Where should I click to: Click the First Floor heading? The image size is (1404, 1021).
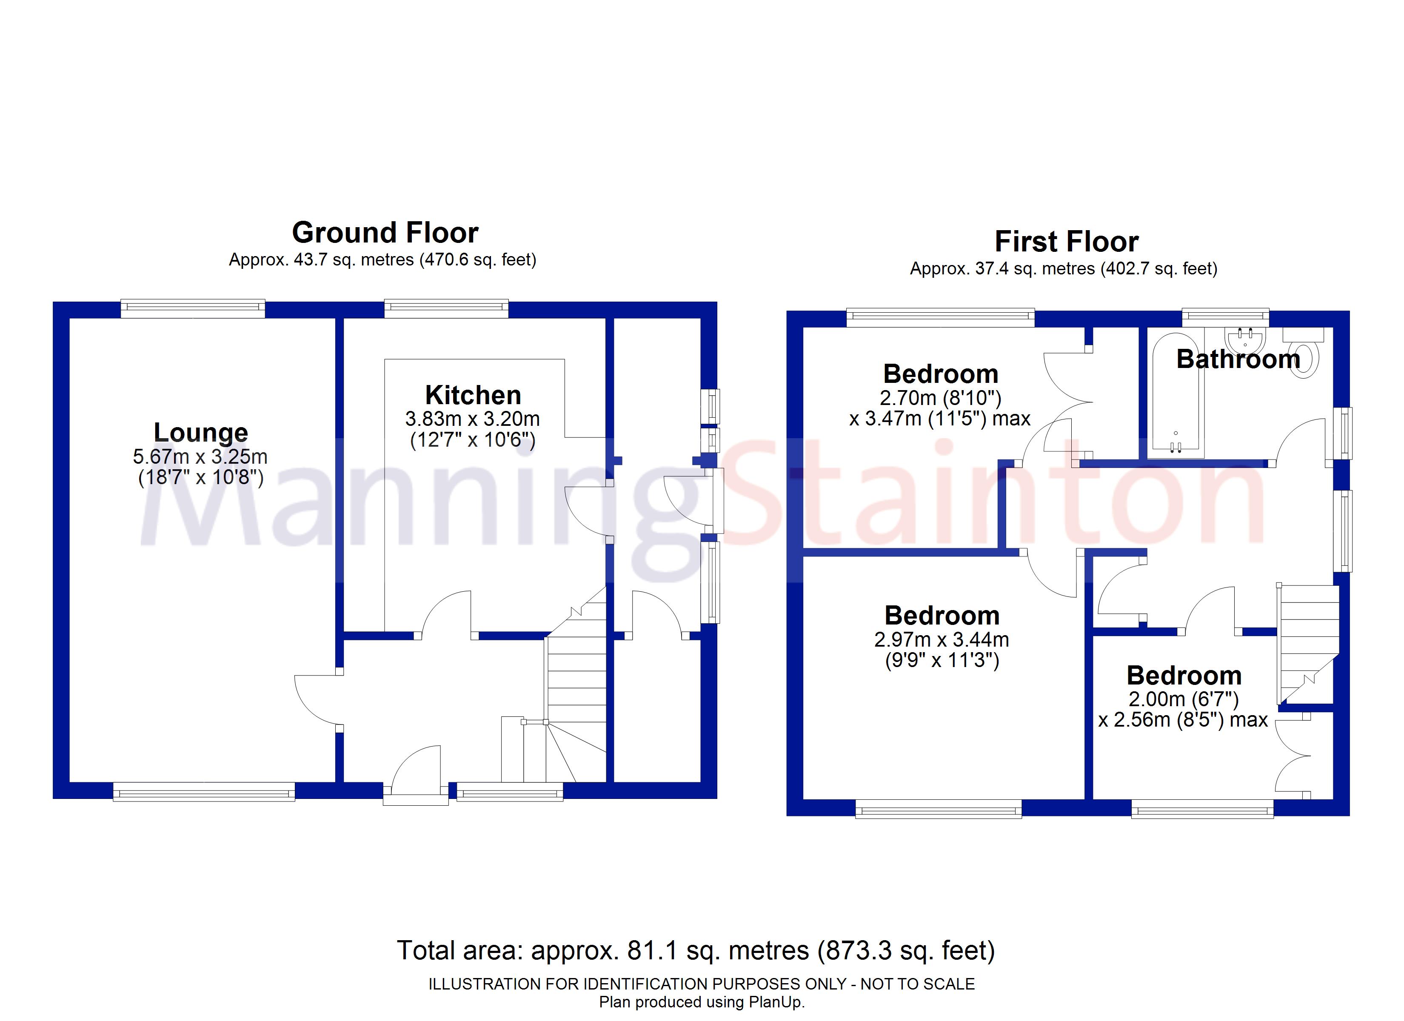click(1066, 242)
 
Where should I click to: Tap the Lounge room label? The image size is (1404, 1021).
click(200, 432)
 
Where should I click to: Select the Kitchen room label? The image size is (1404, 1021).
click(473, 395)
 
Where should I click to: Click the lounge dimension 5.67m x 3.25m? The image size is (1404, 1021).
click(200, 457)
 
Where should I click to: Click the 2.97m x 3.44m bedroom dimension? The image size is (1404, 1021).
click(942, 639)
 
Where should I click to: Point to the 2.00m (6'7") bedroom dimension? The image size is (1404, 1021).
click(1183, 699)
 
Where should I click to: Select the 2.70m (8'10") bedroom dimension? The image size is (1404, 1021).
click(940, 398)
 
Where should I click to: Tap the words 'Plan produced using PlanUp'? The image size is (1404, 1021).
click(702, 1002)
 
